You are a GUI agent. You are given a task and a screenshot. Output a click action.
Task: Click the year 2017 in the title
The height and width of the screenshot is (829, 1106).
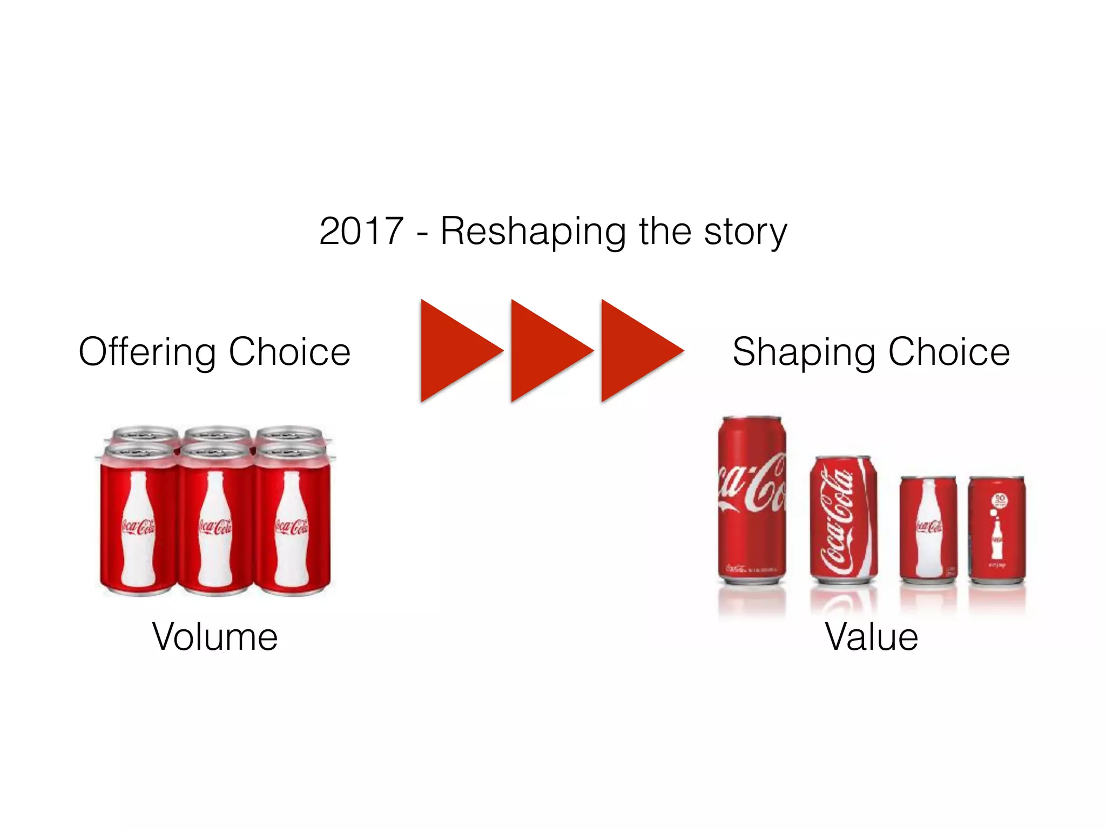(x=361, y=231)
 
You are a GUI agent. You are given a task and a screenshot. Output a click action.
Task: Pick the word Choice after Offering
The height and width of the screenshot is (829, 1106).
(x=289, y=352)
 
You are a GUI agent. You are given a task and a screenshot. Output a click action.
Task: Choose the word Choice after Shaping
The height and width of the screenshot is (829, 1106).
(x=949, y=352)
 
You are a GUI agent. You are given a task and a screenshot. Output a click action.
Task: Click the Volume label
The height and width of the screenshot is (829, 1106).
(x=215, y=637)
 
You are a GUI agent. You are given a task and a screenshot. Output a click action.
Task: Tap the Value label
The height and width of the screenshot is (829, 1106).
(x=871, y=637)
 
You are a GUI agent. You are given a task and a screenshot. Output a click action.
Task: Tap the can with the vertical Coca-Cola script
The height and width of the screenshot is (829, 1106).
(x=843, y=521)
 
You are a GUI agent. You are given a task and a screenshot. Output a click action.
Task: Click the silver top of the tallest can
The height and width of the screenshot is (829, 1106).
(x=752, y=418)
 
